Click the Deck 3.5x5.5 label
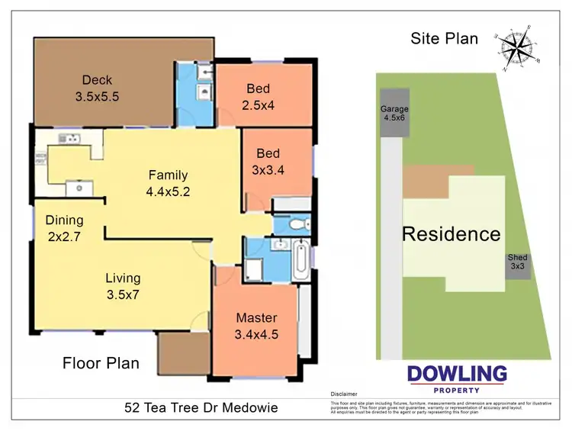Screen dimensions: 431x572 coord(97,88)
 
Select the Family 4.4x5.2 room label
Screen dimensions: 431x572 coord(168,183)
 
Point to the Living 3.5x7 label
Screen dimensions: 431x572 coord(123,286)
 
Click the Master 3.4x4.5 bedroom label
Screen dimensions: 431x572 coord(255,326)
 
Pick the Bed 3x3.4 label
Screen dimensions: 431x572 coord(268,162)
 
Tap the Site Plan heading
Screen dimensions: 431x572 coord(444,38)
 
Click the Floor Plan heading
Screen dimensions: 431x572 coord(101,363)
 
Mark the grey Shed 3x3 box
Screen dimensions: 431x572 coord(518,265)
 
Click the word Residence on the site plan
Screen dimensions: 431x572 coord(451,234)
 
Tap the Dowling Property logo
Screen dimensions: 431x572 coord(457,378)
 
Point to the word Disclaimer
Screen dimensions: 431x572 coord(344,394)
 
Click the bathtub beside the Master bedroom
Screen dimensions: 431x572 coord(300,260)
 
